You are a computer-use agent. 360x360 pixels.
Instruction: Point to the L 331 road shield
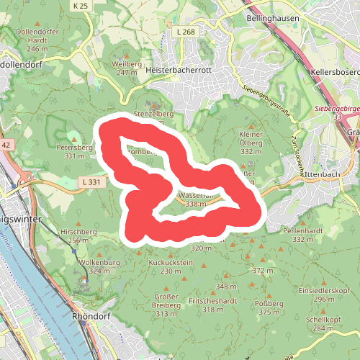click(x=91, y=182)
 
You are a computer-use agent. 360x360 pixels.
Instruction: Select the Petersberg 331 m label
click(x=74, y=150)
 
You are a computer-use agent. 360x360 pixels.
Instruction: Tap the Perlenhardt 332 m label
click(x=302, y=235)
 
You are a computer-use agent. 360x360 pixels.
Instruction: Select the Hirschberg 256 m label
click(x=78, y=235)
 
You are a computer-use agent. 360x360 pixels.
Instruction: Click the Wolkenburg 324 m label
click(x=95, y=266)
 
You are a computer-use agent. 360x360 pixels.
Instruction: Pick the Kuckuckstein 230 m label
click(x=170, y=266)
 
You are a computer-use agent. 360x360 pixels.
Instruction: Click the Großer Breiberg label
click(x=166, y=305)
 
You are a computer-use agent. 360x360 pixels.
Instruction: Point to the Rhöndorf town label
click(x=91, y=316)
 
